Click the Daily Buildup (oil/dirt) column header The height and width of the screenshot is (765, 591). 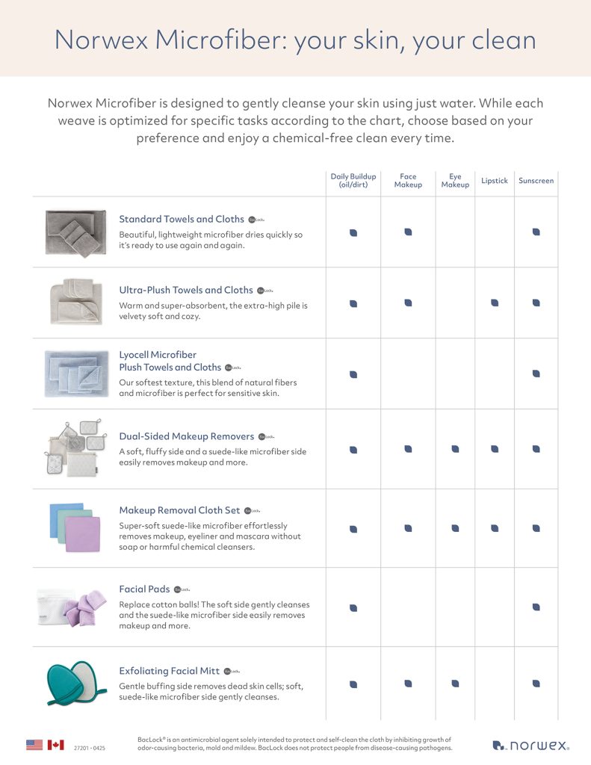click(353, 181)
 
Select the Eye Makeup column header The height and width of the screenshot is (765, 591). click(455, 181)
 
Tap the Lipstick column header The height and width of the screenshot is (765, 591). click(495, 181)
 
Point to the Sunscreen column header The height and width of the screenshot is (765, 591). click(536, 181)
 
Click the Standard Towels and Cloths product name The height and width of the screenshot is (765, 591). click(182, 219)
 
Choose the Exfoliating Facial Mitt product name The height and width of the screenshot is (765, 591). click(170, 671)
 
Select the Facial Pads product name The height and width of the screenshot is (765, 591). click(144, 589)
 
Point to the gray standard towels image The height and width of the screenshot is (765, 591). click(75, 232)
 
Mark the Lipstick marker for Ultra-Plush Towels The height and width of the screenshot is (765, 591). click(495, 303)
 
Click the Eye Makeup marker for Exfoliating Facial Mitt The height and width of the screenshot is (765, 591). click(455, 684)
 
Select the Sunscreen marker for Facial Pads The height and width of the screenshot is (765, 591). click(536, 607)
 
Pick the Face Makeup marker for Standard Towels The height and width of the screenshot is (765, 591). click(408, 232)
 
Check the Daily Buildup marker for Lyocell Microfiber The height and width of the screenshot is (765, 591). click(353, 374)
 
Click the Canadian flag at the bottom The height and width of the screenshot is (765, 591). click(56, 745)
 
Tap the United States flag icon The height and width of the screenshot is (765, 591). click(34, 745)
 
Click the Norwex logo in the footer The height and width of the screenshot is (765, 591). click(531, 745)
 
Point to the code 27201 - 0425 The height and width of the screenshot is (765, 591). click(90, 747)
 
